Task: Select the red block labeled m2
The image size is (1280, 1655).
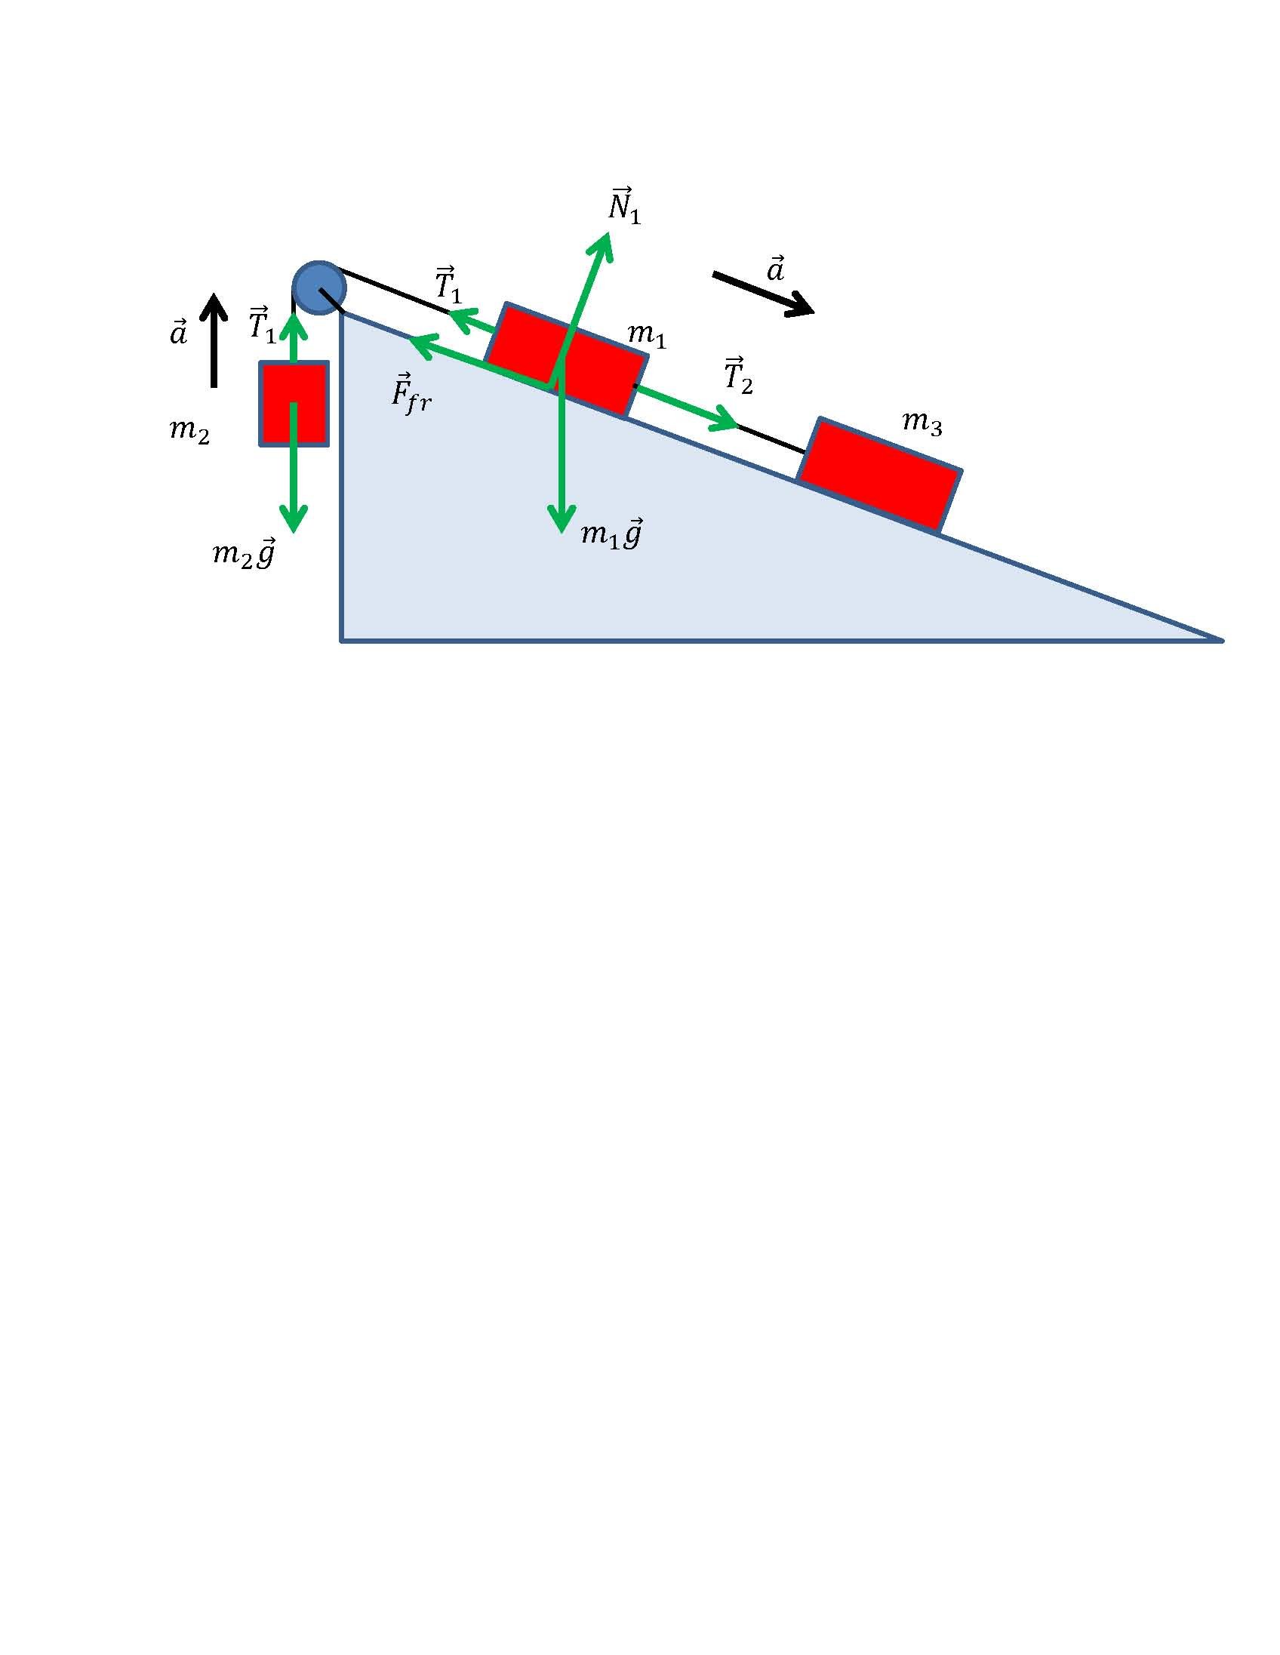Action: [294, 403]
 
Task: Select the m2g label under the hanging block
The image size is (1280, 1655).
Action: [243, 554]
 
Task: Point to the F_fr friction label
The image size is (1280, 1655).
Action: [411, 392]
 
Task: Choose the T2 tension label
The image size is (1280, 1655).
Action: [738, 374]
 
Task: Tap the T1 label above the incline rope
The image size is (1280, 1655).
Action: [448, 285]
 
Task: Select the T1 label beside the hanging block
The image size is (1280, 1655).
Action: [262, 325]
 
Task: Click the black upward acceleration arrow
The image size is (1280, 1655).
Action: [214, 340]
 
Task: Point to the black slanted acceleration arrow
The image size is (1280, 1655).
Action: [763, 294]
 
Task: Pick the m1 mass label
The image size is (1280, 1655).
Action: [647, 334]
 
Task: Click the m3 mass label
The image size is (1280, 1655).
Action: [922, 422]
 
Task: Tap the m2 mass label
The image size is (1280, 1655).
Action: [189, 431]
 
